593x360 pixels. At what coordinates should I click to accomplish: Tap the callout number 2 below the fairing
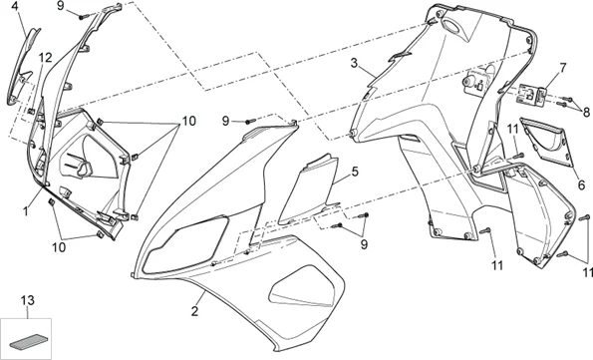(x=194, y=312)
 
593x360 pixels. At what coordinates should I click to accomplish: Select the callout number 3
(x=353, y=63)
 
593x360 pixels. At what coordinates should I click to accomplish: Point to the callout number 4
(x=14, y=6)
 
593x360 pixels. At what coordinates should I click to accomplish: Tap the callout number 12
(x=45, y=59)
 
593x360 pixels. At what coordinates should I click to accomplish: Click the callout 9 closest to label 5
(x=363, y=242)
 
